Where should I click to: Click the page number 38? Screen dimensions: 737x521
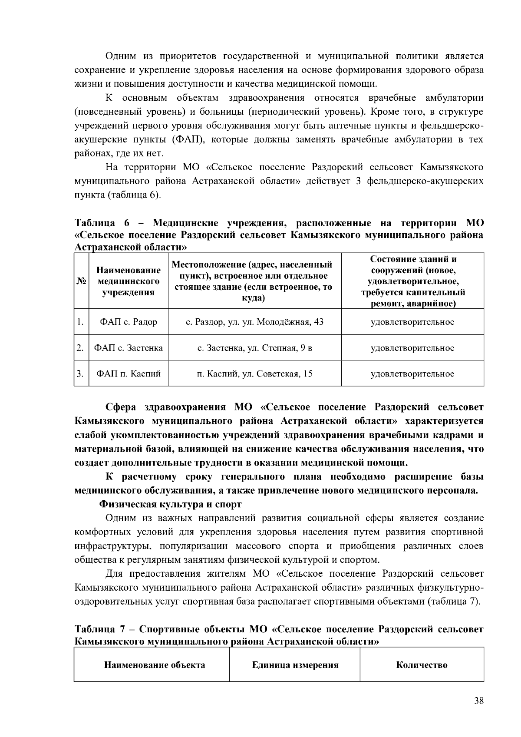(479, 701)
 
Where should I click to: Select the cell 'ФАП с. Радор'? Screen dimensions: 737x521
(129, 322)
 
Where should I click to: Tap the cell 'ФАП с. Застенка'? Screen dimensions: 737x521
(129, 348)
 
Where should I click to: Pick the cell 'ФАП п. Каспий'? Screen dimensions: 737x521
(129, 373)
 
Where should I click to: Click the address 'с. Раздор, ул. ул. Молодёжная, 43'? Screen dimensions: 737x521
(254, 322)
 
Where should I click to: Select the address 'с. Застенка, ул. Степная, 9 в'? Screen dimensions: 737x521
(254, 348)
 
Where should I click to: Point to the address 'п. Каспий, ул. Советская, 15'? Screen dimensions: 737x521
(254, 373)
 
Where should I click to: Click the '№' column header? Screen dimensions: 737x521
(81, 281)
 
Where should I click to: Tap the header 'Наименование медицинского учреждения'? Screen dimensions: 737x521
(129, 281)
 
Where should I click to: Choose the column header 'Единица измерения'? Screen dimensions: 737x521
(295, 665)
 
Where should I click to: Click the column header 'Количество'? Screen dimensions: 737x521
(422, 665)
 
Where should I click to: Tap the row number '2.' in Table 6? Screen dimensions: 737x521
(80, 348)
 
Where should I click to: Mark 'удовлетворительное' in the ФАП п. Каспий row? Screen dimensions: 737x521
(412, 373)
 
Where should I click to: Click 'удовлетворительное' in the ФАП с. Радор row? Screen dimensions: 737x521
(412, 322)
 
